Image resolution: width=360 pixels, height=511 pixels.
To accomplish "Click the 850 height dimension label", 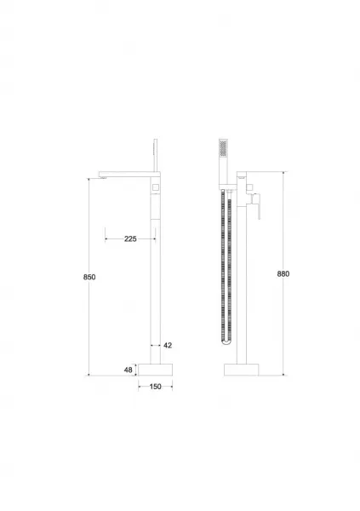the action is pos(89,277).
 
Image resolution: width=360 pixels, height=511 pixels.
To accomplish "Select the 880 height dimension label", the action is pos(283,273).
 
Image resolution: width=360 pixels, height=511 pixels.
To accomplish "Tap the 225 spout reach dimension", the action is pos(130,238).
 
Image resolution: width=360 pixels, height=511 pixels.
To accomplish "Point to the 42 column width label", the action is pos(168,346).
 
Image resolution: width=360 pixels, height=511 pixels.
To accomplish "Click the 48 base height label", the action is pos(129,370).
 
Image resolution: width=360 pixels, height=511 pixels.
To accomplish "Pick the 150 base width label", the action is pos(156,387).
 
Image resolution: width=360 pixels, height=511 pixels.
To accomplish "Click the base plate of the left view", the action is pos(155,370).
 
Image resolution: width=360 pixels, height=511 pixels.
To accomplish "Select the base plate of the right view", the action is pos(242,370).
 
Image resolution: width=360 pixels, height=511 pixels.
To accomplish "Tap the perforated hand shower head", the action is pos(223,147).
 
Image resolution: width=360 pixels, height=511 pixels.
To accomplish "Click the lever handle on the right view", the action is pos(258,206).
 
